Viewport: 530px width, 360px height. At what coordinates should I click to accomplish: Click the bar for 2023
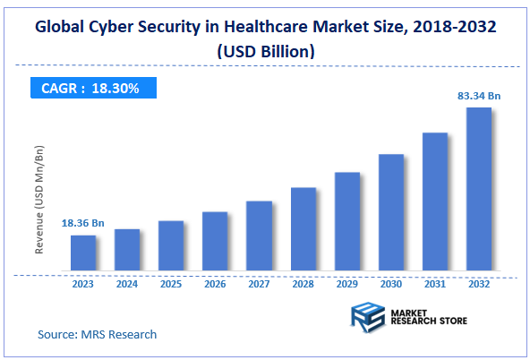pos(83,253)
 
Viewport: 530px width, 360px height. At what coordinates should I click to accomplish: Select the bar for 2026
pos(215,241)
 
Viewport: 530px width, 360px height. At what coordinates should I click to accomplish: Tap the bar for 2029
pos(346,221)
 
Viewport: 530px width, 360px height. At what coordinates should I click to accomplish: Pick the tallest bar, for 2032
pos(478,189)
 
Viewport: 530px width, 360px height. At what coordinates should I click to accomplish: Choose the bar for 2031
pos(434,201)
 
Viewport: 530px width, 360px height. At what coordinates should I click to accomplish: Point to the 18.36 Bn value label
pos(84,222)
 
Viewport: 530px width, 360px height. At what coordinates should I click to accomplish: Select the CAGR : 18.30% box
pos(90,88)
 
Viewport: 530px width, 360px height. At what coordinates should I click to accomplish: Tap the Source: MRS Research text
pos(97,334)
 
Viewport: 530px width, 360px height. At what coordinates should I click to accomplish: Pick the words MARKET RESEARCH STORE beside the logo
pos(429,315)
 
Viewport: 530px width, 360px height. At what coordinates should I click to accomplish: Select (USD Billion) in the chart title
pos(264,51)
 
